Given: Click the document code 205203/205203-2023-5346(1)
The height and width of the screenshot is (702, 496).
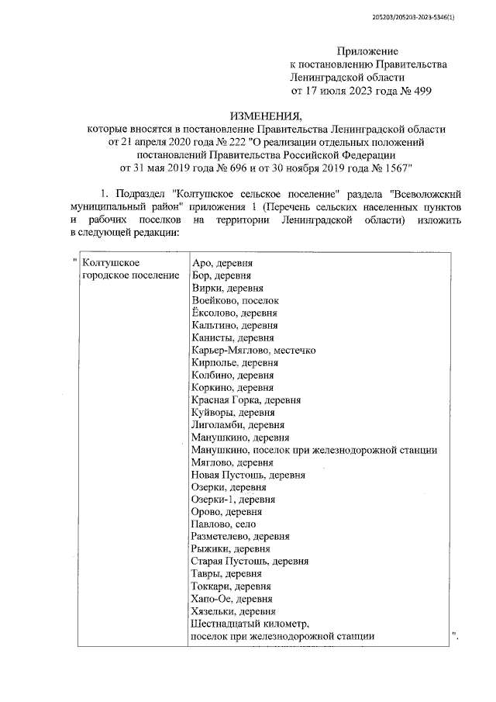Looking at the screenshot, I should [x=424, y=16].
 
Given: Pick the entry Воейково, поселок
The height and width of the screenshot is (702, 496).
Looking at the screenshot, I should [x=234, y=300].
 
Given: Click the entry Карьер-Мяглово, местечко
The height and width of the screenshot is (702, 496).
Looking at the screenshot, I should [x=253, y=350].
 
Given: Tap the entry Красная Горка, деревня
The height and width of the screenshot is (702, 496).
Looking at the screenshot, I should [x=246, y=400].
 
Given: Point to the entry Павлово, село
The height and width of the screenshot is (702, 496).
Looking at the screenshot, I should [x=223, y=524].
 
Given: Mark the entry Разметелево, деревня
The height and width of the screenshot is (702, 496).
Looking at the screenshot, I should [x=240, y=537].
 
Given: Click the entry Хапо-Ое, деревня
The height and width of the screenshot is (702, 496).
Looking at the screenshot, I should [x=231, y=599].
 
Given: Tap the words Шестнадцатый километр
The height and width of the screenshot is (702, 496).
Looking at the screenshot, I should [x=250, y=624].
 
